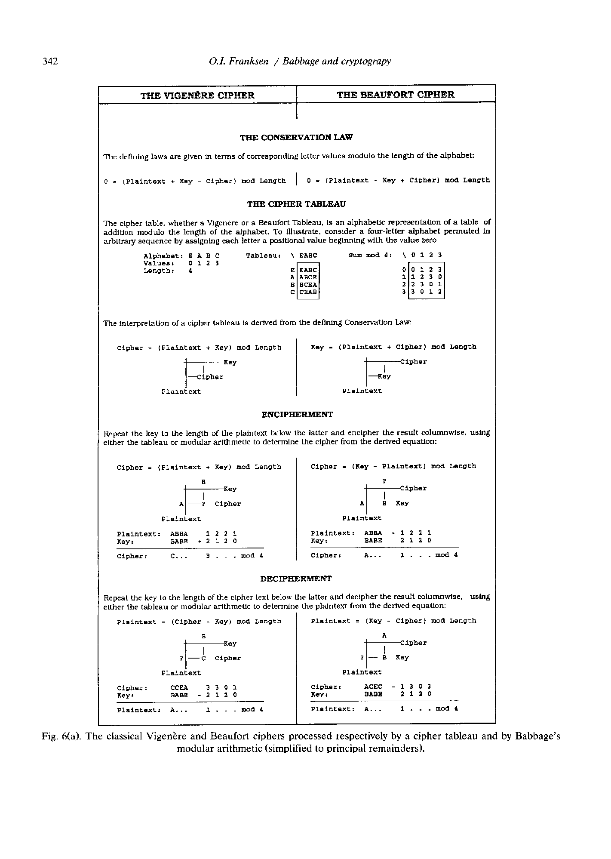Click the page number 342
pyautogui.click(x=50, y=62)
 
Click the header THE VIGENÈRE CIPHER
pyautogui.click(x=197, y=95)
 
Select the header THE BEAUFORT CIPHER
pyautogui.click(x=396, y=95)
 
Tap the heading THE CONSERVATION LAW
pyautogui.click(x=296, y=138)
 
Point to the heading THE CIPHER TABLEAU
pyautogui.click(x=296, y=204)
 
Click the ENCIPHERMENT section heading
pyautogui.click(x=297, y=415)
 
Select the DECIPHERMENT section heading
pyautogui.click(x=296, y=579)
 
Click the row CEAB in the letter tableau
pyautogui.click(x=308, y=292)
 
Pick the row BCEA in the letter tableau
pyautogui.click(x=308, y=285)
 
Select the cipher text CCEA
pyautogui.click(x=179, y=688)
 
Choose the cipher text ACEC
pyautogui.click(x=373, y=687)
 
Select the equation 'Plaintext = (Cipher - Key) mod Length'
pyautogui.click(x=199, y=622)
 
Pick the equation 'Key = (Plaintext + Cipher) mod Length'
pyautogui.click(x=393, y=347)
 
